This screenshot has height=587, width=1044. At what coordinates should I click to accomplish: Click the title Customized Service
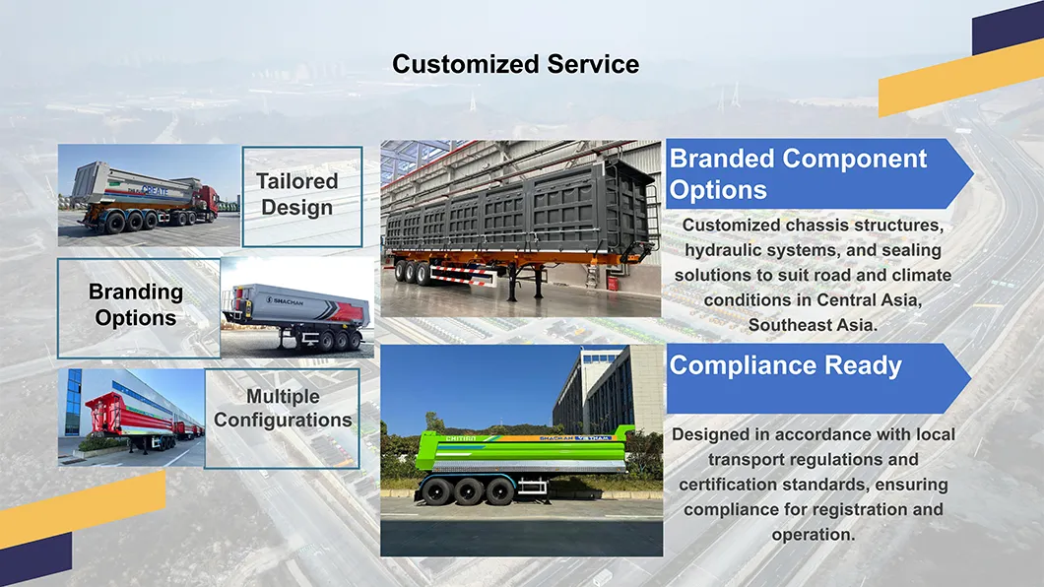tap(515, 65)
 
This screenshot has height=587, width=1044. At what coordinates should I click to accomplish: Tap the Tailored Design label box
tap(302, 195)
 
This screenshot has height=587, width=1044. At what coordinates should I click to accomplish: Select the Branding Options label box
tap(136, 305)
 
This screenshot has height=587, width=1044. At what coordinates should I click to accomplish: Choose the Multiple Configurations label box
tap(283, 409)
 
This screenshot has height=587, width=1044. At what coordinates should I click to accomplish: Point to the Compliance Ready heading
tap(786, 366)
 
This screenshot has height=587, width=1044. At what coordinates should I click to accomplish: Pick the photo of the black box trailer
tap(520, 228)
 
